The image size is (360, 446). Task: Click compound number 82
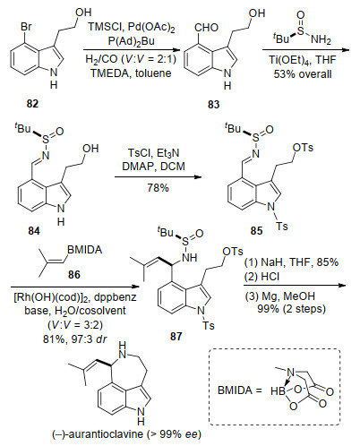32,104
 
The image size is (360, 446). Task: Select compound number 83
214,105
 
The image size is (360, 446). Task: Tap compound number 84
34,231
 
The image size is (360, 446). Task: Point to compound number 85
256,231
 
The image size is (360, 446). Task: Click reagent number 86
74,274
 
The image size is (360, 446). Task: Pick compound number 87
176,337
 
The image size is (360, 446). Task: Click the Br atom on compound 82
26,27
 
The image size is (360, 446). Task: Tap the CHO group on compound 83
206,28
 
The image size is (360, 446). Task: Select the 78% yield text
158,188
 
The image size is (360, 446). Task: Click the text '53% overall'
303,73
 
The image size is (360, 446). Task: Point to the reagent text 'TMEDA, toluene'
131,73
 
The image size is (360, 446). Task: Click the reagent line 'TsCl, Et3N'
154,153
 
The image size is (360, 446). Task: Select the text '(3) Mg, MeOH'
280,296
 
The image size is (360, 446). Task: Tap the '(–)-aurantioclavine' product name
99,433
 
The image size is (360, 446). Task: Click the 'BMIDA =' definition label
240,390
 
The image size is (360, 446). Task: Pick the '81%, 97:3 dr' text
75,339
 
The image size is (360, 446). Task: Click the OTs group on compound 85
303,148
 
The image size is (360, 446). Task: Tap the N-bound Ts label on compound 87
209,325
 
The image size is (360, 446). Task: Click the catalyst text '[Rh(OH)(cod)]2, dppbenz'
75,297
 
